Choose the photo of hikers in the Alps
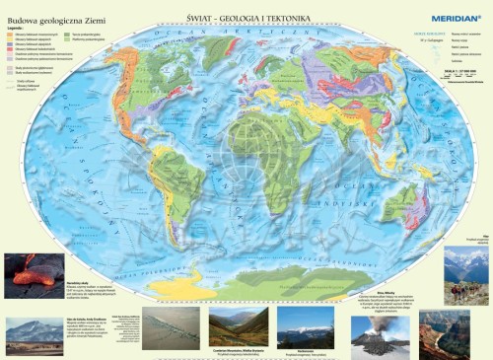point(466,277)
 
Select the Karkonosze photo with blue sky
point(306,324)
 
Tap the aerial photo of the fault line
point(171,325)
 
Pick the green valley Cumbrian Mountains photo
point(238,324)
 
